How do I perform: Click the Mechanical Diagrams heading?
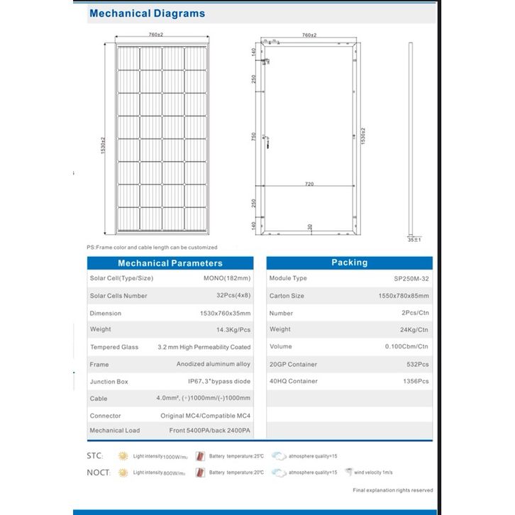click(148, 13)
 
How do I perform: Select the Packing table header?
click(349, 262)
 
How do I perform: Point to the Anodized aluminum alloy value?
click(214, 364)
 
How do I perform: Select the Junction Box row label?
click(109, 382)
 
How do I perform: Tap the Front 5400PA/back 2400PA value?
click(211, 431)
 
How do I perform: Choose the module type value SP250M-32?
click(411, 279)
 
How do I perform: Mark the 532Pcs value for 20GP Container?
click(419, 365)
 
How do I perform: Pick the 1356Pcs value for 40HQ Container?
click(416, 382)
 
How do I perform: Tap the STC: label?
click(97, 455)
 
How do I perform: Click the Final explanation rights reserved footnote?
click(392, 490)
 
